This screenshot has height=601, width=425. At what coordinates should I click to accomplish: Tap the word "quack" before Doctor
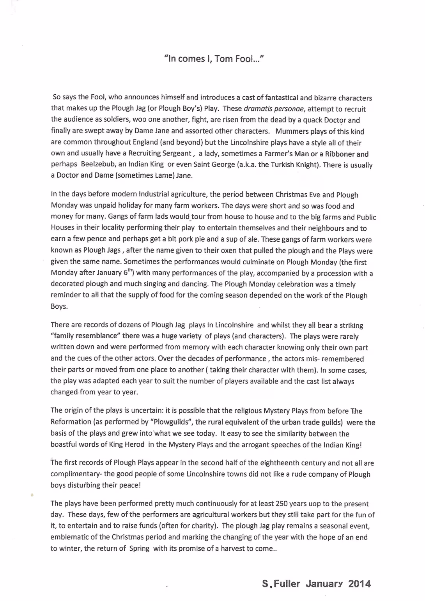pos(310,120)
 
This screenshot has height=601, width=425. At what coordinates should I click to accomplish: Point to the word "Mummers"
pos(289,131)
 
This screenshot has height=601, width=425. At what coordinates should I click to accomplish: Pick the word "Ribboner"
pos(340,154)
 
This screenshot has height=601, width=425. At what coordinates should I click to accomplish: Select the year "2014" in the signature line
pos(359,583)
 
